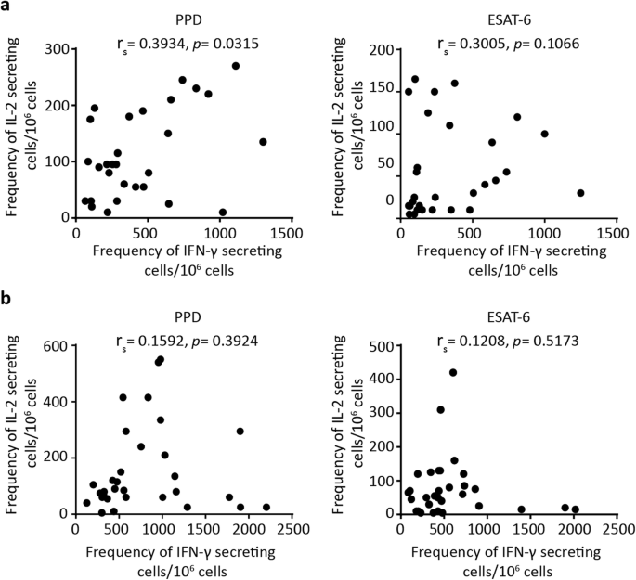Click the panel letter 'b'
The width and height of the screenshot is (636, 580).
7,303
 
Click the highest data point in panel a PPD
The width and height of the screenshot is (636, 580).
236,66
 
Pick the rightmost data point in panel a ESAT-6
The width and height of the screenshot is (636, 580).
580,193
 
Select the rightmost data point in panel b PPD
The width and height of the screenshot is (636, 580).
266,508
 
